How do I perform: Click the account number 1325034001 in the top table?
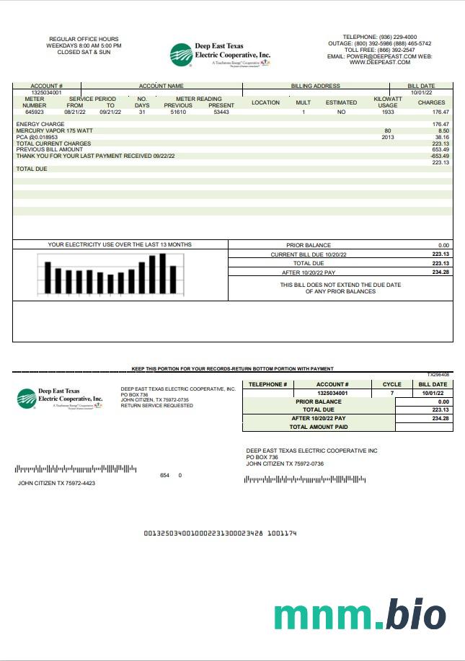point(46,92)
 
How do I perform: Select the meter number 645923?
point(34,112)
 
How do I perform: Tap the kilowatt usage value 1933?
point(387,112)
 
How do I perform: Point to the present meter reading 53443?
point(221,112)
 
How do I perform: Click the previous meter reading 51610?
point(178,112)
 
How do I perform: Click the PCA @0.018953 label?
point(36,137)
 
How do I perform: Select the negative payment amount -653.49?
point(440,156)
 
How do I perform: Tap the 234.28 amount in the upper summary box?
point(440,272)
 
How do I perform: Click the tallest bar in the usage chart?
point(163,273)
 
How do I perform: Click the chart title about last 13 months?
point(120,245)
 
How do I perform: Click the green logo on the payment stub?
point(27,398)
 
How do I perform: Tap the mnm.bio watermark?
point(360,615)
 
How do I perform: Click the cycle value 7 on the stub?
point(392,393)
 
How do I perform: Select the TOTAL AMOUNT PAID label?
point(319,427)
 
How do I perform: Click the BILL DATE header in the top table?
point(421,86)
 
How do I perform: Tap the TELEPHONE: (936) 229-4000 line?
point(379,37)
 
